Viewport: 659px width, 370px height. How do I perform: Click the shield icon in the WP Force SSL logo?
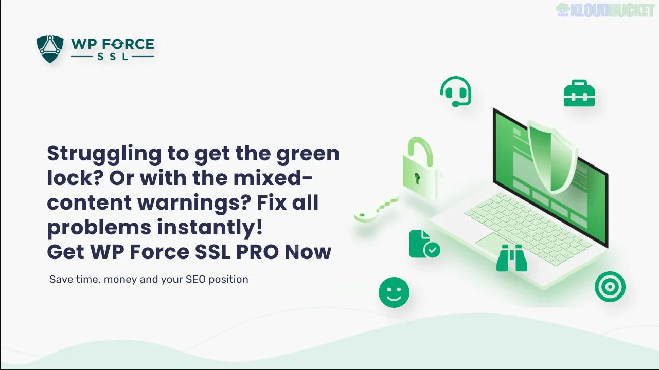50,49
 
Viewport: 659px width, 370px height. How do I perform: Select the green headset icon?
456,91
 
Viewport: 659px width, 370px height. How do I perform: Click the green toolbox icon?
579,94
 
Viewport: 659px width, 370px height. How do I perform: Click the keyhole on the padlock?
418,178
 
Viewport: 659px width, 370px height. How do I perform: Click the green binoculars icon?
512,258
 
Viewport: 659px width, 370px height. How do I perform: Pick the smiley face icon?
394,292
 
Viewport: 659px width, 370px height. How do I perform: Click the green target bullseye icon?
610,286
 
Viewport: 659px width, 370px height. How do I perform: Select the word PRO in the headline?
256,252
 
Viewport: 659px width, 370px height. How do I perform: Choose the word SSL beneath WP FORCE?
113,57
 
